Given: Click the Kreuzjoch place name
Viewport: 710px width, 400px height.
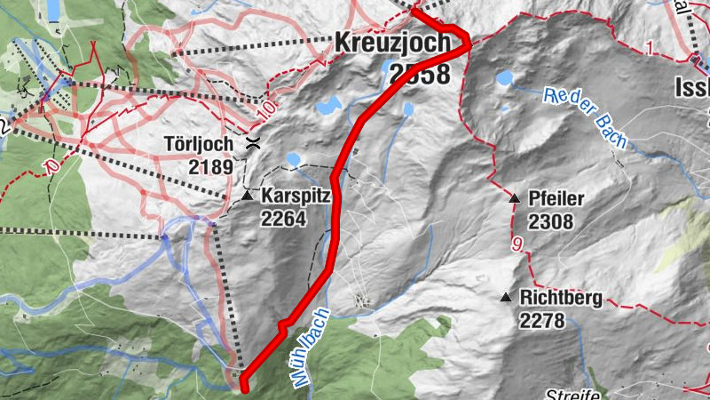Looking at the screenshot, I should (392, 43).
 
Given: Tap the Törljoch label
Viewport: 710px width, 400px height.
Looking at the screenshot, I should (199, 144).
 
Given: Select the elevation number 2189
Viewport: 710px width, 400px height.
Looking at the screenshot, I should (209, 166).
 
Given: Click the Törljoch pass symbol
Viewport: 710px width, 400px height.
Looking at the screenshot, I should (254, 143).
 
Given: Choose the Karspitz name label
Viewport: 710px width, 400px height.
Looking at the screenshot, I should (296, 194).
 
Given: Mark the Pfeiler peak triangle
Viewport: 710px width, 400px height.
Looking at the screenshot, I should (513, 197).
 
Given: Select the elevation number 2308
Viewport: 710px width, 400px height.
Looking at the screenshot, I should (550, 221).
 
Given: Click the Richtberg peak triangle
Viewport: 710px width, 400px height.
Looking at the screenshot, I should (505, 298).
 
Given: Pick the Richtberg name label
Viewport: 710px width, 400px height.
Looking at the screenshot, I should (561, 299).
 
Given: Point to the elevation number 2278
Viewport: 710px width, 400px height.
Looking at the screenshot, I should (542, 321).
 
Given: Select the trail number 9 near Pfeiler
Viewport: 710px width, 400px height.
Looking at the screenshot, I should (515, 242).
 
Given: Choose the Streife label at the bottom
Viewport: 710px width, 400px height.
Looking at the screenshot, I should (572, 394).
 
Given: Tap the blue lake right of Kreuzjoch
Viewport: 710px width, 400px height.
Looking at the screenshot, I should (504, 78).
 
